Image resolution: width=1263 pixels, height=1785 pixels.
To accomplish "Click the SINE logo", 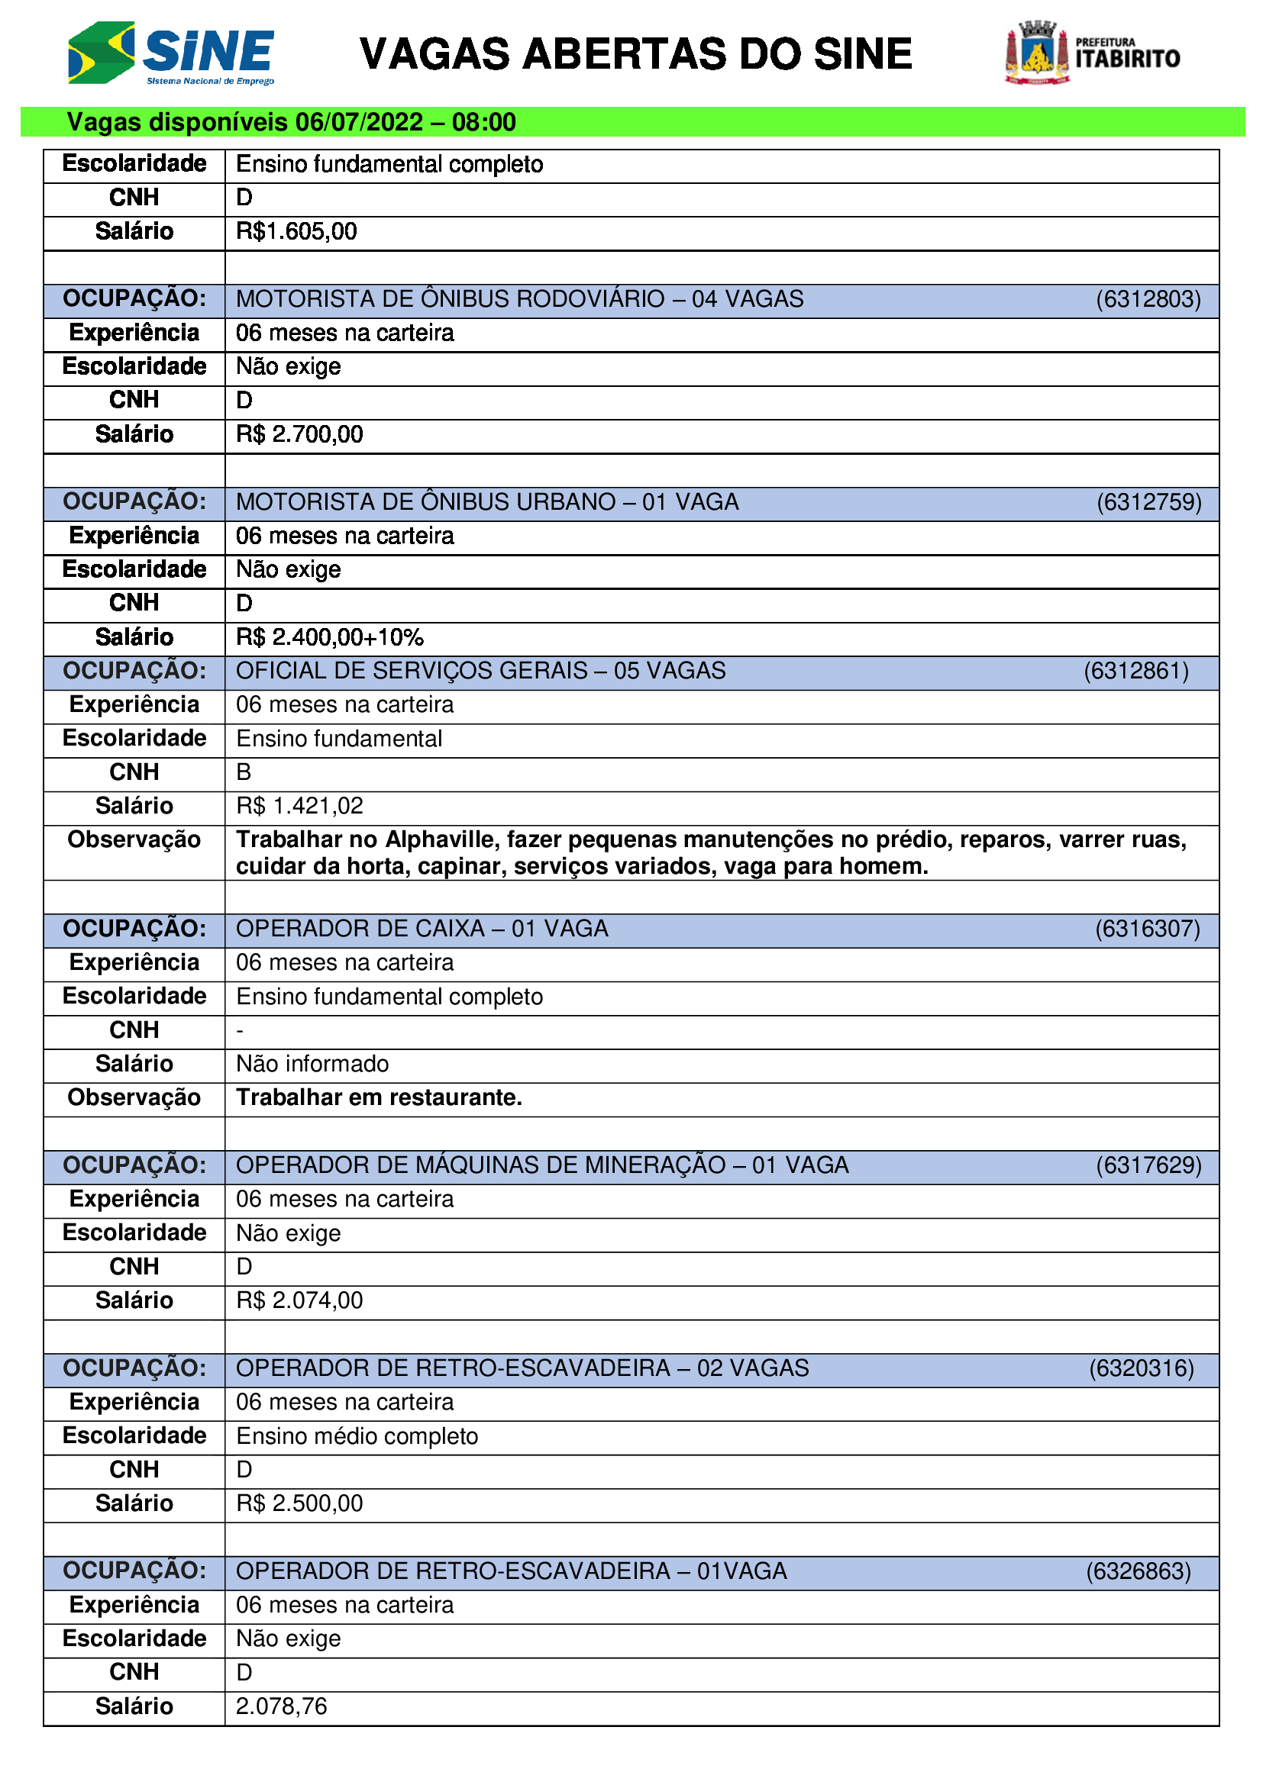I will click(x=171, y=53).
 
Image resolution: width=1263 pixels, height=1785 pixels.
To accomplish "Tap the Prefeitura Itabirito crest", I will click(x=1037, y=53).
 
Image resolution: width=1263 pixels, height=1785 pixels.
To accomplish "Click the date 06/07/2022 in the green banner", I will click(x=360, y=122).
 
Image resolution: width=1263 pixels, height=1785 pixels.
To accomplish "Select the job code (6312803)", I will click(x=1148, y=299).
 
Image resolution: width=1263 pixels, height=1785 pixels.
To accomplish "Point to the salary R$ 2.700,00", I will click(x=299, y=433).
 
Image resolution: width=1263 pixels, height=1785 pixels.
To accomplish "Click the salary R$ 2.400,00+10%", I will click(x=330, y=637).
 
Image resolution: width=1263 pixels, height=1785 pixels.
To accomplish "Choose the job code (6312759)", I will click(x=1148, y=502).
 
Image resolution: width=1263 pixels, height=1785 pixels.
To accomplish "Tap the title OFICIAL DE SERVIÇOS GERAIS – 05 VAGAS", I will click(x=480, y=671).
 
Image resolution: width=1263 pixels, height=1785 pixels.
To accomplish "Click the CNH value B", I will click(x=244, y=772).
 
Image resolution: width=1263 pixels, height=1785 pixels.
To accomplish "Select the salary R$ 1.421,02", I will click(x=299, y=806).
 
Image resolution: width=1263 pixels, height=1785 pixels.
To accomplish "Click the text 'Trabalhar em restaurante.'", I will click(x=379, y=1097).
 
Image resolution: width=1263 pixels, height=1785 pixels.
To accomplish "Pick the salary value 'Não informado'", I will click(x=312, y=1064).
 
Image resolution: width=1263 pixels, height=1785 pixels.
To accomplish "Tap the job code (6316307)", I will click(x=1147, y=929).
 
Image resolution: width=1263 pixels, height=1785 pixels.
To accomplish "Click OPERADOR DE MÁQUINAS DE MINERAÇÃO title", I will click(x=542, y=1165).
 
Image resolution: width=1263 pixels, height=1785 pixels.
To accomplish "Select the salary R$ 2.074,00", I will click(x=299, y=1300).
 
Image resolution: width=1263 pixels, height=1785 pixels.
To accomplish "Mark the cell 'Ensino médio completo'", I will click(x=357, y=1436).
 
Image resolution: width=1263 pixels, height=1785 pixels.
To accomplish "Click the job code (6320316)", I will click(x=1141, y=1368).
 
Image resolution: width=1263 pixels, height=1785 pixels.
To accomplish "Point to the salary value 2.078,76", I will click(x=282, y=1706).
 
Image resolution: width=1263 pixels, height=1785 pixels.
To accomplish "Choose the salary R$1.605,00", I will click(x=296, y=232).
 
